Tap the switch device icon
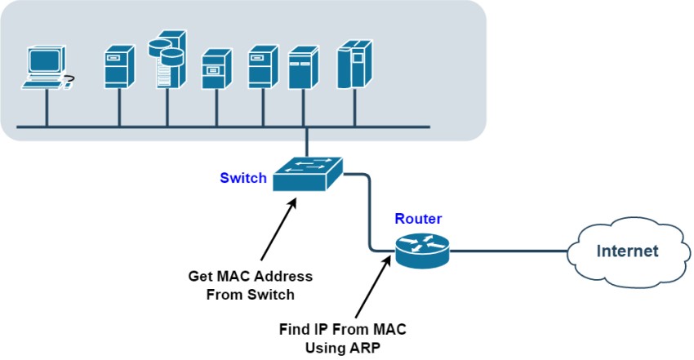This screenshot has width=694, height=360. (x=307, y=172)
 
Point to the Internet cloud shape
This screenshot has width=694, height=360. (x=626, y=250)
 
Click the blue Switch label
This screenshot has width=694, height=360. (x=243, y=177)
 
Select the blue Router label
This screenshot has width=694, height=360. (x=418, y=219)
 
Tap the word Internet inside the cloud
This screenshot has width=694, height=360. (x=627, y=251)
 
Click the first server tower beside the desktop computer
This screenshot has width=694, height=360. (x=118, y=66)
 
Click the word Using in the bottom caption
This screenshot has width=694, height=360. (x=329, y=346)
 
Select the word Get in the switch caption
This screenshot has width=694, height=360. (x=200, y=277)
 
